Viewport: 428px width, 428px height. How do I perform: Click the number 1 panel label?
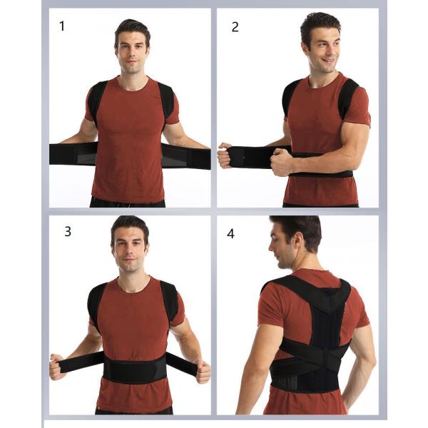point(62,26)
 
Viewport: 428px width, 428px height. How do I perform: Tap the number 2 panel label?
point(235,27)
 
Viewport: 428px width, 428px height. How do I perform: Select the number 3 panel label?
point(68,231)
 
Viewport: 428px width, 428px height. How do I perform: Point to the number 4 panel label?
point(230,234)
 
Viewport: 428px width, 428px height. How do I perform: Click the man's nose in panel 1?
point(132,55)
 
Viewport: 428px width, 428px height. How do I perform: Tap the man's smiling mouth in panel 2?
point(328,61)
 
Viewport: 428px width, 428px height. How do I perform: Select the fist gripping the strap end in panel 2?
point(225,155)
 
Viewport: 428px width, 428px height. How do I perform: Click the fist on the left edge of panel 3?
point(57,367)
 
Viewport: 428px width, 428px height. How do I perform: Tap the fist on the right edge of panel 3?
point(203,371)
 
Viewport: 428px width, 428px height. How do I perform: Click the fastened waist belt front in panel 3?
point(135,367)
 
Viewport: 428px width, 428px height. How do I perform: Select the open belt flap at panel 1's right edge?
point(186,156)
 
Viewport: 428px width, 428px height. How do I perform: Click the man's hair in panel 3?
point(130,225)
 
